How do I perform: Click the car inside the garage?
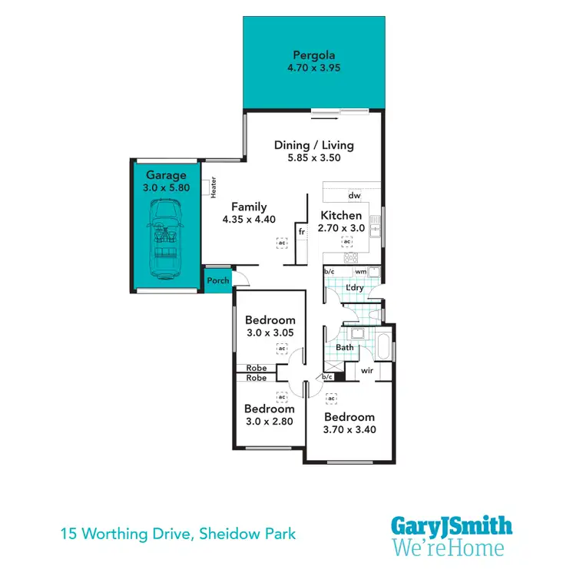(166, 240)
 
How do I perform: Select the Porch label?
(218, 281)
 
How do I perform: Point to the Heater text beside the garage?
(213, 187)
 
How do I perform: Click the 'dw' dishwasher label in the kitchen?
(354, 196)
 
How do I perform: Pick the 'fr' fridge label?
(302, 230)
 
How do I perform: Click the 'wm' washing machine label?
(360, 271)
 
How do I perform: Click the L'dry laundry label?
(354, 287)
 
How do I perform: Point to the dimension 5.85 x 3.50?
(314, 158)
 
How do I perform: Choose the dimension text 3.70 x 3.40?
(349, 430)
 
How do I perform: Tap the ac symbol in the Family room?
(281, 242)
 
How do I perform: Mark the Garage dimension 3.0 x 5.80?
(167, 187)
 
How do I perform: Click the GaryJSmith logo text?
(452, 527)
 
